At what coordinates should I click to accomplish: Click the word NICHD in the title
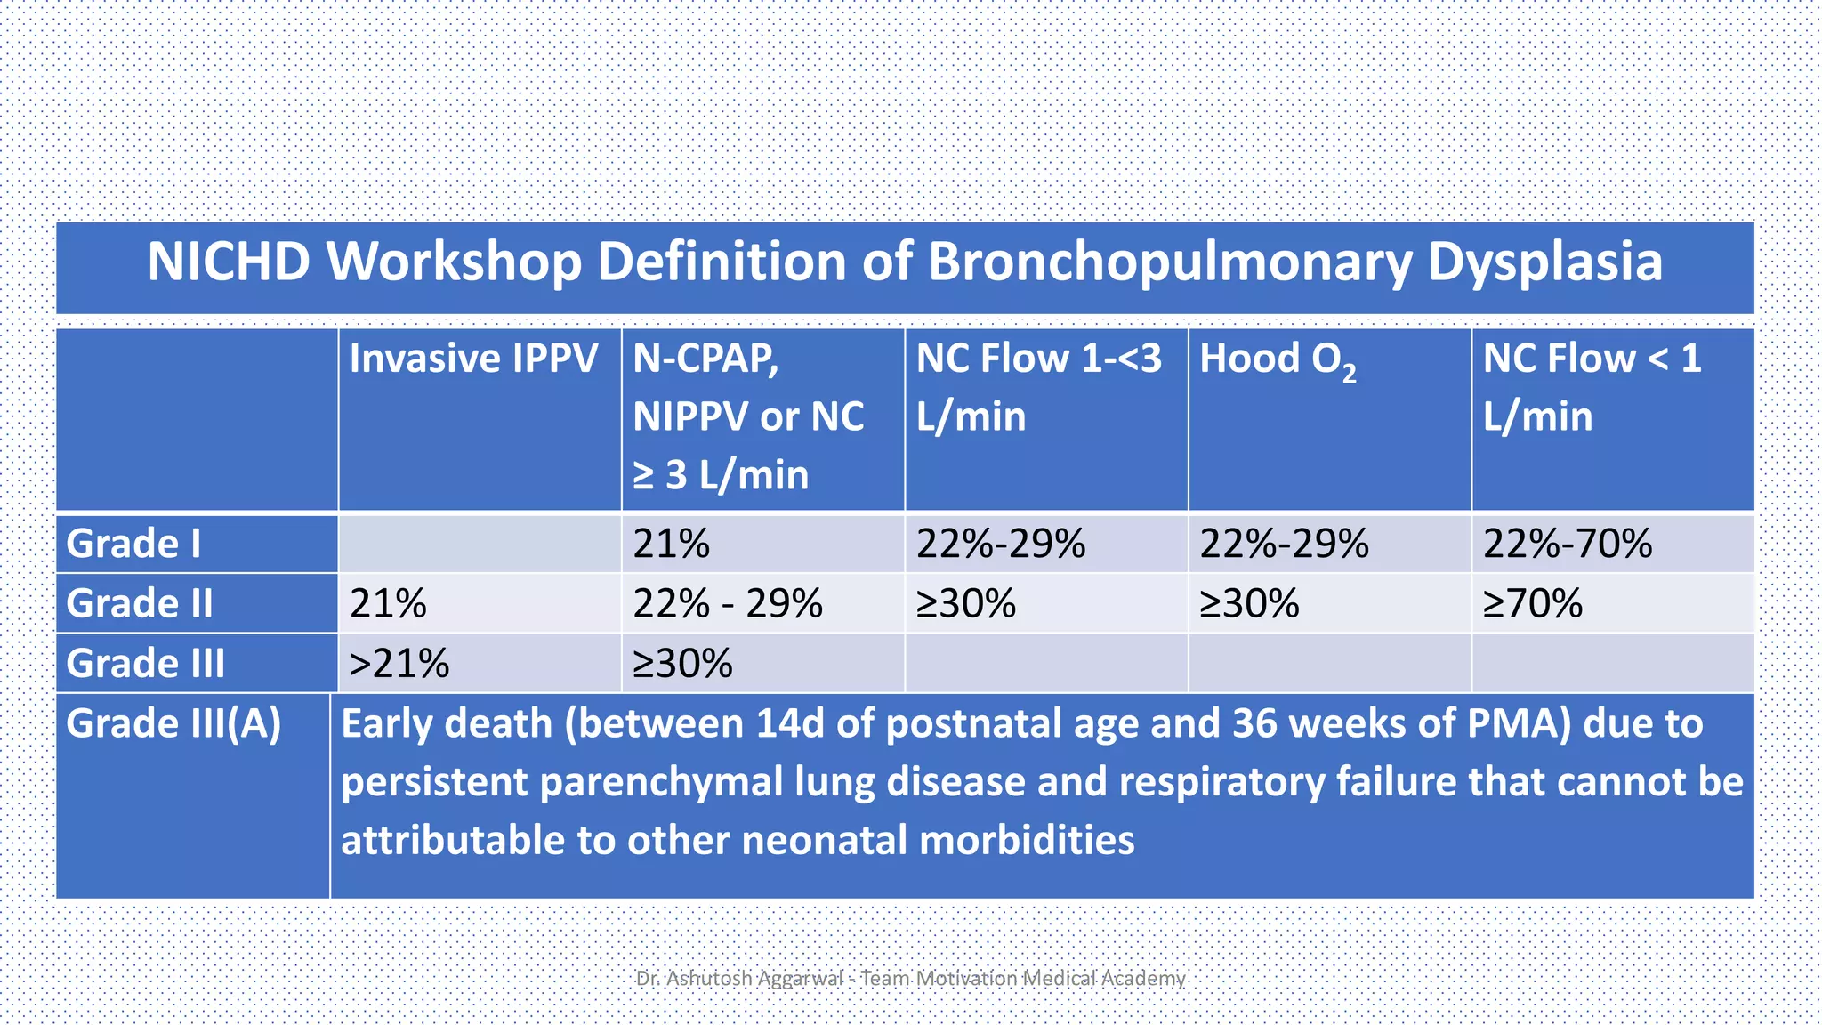(x=228, y=262)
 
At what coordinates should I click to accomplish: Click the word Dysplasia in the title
(x=1544, y=262)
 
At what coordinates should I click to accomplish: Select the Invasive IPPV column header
(x=473, y=359)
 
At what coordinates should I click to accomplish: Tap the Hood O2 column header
(x=1278, y=360)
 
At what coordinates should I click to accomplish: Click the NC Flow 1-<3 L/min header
(x=1038, y=387)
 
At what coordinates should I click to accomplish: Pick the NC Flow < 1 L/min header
(x=1592, y=387)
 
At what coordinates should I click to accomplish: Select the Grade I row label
(x=134, y=544)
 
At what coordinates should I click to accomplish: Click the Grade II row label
(x=140, y=603)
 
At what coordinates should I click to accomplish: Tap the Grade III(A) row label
(x=173, y=723)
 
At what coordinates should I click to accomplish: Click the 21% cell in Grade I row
(x=672, y=544)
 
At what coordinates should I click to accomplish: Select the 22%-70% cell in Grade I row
(x=1568, y=544)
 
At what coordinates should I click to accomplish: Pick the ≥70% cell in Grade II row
(x=1532, y=603)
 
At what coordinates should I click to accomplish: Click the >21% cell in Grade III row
(x=399, y=664)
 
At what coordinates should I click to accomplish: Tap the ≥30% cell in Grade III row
(x=682, y=664)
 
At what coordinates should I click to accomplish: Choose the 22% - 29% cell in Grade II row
(x=728, y=603)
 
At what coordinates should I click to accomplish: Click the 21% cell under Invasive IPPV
(x=388, y=603)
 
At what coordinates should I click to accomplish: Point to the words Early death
(x=447, y=723)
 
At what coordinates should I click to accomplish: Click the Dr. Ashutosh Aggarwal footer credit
(x=909, y=979)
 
